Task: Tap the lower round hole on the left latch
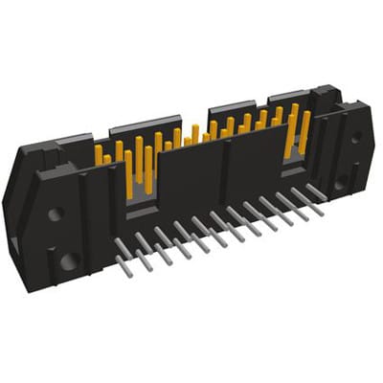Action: point(67,259)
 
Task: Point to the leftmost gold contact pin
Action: point(98,154)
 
